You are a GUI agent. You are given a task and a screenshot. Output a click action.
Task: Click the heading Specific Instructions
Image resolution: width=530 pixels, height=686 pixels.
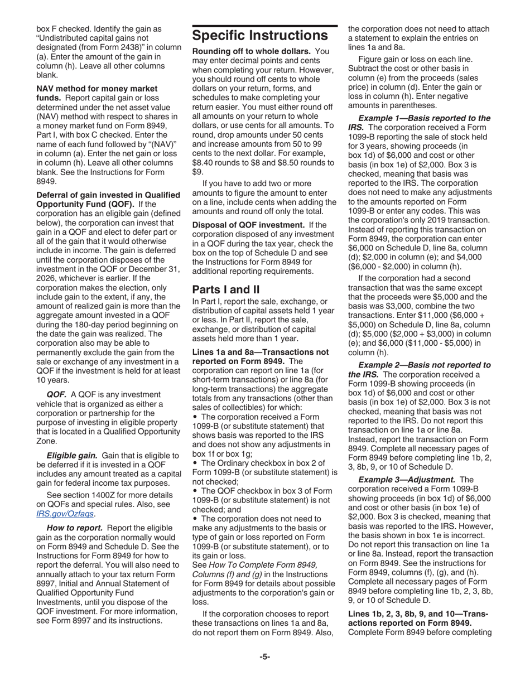click(259, 36)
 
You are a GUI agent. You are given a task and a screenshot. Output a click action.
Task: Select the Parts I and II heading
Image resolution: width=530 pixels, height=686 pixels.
click(226, 289)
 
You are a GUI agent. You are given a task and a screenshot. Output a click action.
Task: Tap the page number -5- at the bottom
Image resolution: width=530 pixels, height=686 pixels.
click(264, 656)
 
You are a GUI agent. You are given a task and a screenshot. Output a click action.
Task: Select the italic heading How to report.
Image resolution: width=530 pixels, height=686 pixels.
click(74, 528)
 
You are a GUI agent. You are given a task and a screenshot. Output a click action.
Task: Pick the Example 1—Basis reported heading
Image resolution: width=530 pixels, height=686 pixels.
click(424, 118)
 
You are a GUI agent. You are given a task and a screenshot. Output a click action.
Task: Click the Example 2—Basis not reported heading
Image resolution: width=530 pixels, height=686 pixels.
click(424, 365)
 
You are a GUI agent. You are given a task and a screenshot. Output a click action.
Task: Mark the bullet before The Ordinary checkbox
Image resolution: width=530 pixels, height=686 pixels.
click(195, 462)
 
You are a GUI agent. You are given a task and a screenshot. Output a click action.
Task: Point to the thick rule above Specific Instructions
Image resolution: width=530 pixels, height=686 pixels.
click(264, 26)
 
